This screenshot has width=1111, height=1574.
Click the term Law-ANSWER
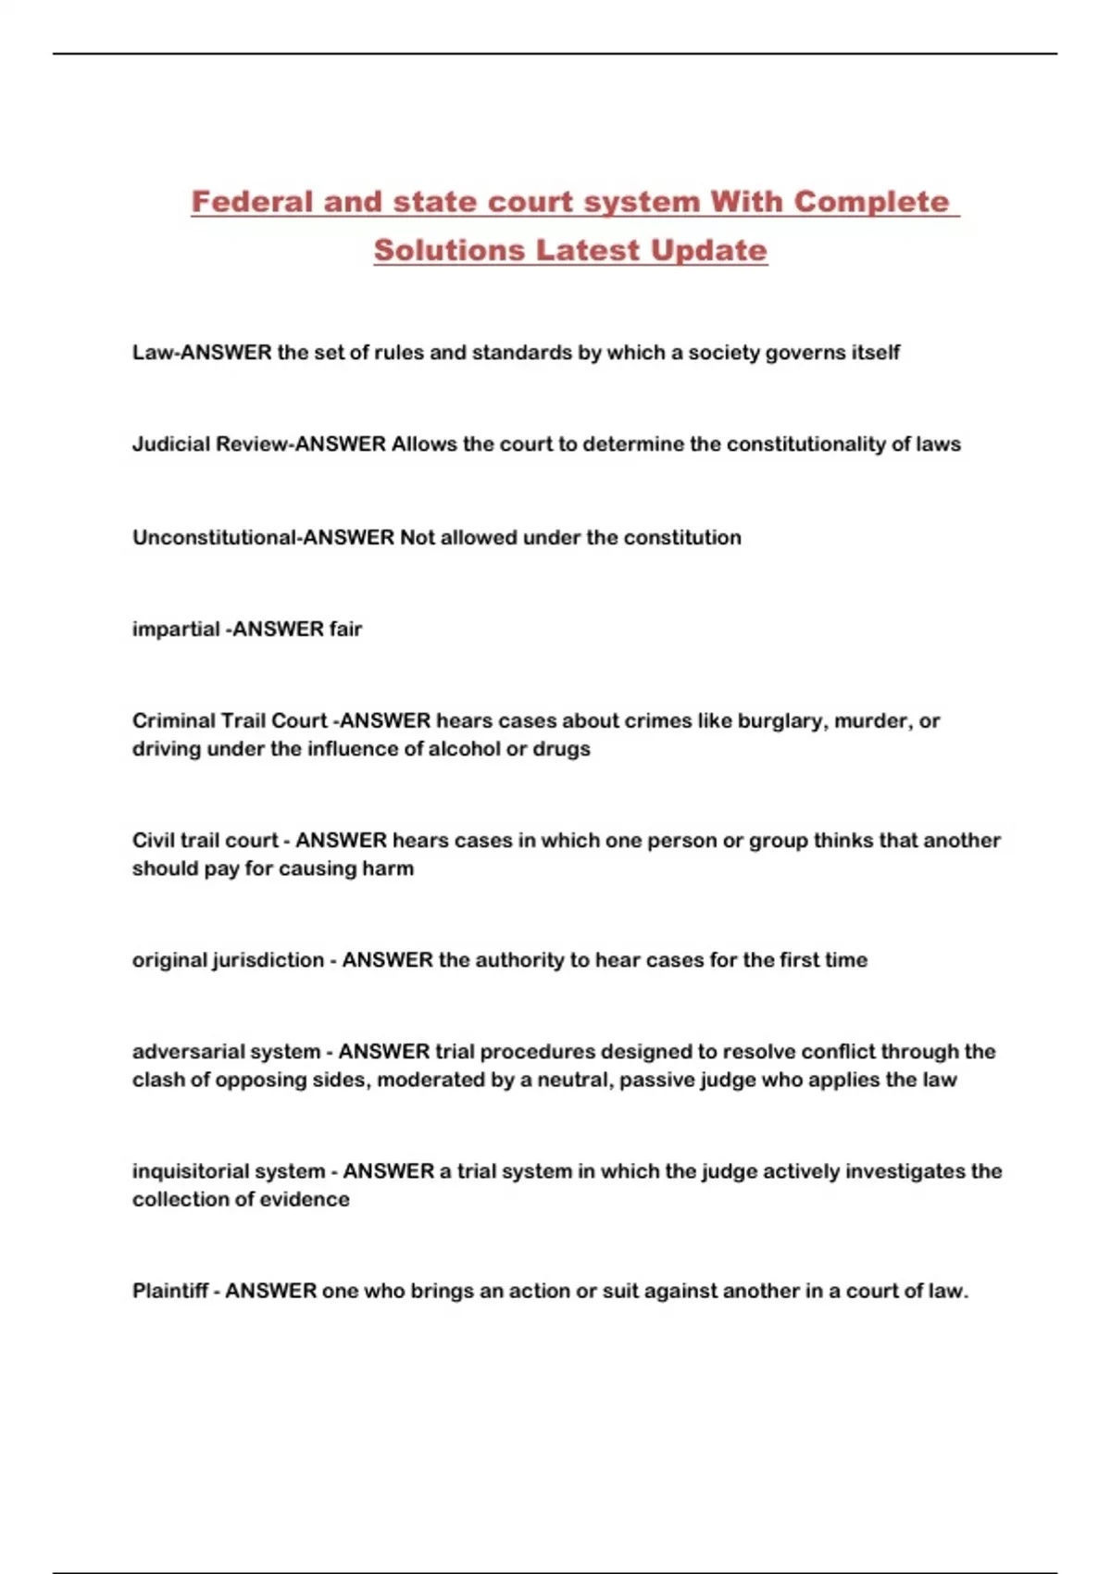(x=202, y=353)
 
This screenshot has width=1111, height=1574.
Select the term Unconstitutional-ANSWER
(x=263, y=538)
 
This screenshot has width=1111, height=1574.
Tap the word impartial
(x=176, y=630)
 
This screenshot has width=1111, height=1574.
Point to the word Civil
(x=154, y=841)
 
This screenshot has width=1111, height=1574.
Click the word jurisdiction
(x=268, y=960)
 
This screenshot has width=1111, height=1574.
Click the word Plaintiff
(x=169, y=1291)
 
